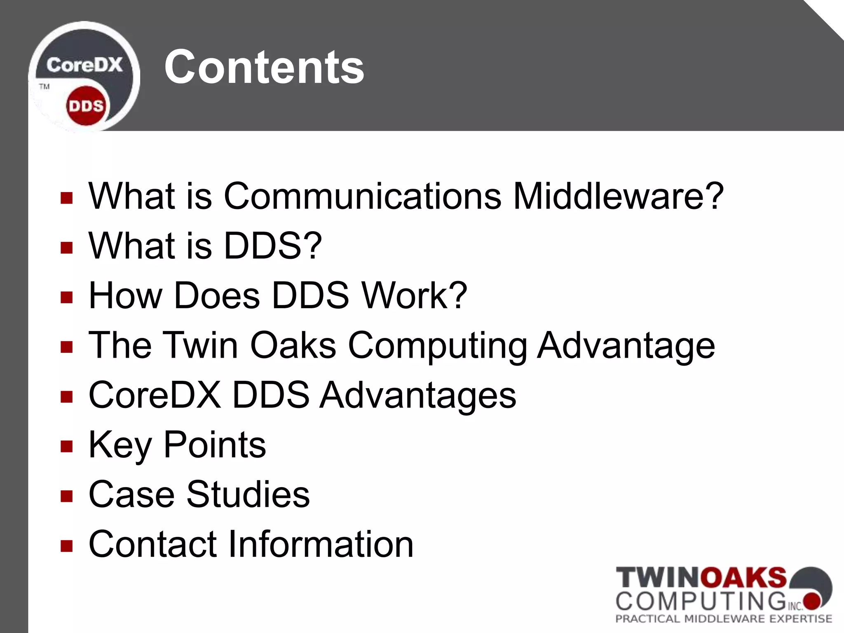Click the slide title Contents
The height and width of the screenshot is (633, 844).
point(264,67)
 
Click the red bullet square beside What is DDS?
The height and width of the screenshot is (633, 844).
point(66,248)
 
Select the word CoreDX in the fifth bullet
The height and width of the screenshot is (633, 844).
point(155,395)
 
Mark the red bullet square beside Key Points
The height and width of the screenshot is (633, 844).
point(66,446)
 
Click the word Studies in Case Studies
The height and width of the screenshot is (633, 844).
point(248,494)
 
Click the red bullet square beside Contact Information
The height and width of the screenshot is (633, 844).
point(66,546)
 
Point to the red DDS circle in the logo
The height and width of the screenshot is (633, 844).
point(86,106)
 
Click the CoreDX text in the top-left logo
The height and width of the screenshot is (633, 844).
point(84,65)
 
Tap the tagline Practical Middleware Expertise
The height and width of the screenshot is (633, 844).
point(724,619)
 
